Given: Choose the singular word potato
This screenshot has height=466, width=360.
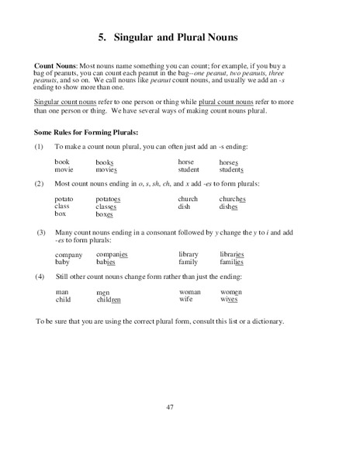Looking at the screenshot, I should [64, 199].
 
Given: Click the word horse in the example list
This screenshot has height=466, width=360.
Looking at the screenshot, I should [186, 161].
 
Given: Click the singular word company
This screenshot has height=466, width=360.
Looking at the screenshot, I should [69, 255].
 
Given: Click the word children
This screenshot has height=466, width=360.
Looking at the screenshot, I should [109, 299].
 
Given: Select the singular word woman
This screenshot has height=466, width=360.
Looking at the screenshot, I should [190, 291].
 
